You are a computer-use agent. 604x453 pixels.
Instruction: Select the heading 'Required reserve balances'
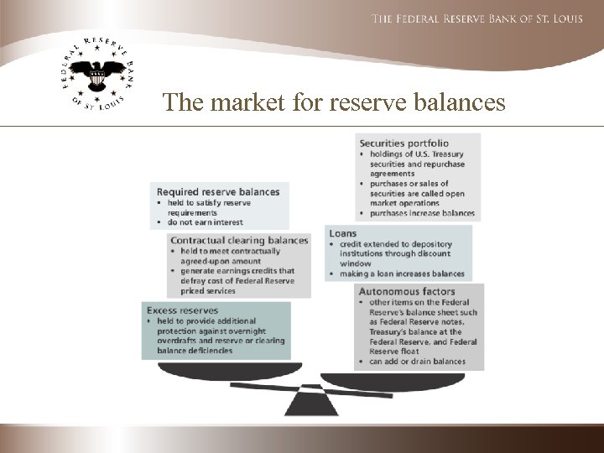[x=218, y=192]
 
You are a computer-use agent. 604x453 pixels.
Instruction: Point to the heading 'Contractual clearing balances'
[x=239, y=241]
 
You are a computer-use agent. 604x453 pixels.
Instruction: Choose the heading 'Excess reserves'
[x=183, y=310]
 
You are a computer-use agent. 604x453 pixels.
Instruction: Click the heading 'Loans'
[x=343, y=233]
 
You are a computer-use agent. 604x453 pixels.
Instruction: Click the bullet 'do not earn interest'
[x=203, y=222]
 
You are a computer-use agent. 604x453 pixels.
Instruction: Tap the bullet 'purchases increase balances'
[x=422, y=213]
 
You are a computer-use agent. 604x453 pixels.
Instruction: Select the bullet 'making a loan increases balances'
[x=402, y=273]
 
